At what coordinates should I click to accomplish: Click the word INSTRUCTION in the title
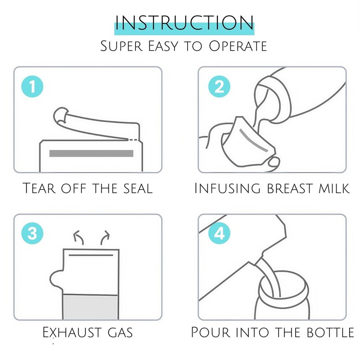point(184,23)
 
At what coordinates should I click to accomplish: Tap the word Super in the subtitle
point(121,46)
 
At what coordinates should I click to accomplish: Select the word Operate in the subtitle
point(238,46)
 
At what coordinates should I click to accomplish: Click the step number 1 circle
point(32,86)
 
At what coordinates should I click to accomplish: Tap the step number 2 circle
point(219,86)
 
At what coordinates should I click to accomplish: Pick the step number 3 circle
point(32,233)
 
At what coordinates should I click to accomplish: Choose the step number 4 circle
point(219,233)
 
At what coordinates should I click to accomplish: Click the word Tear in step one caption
point(39,188)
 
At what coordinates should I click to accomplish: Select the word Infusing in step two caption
point(227,188)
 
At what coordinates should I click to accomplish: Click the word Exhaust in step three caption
point(72,332)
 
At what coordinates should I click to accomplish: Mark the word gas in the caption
point(120,333)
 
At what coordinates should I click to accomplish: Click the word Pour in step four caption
point(211,332)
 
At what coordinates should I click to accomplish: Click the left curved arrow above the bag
point(77,237)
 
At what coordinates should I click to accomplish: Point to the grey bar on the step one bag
point(91,153)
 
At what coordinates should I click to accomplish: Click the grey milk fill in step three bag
point(90,307)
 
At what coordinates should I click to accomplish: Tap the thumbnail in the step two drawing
point(274,162)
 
